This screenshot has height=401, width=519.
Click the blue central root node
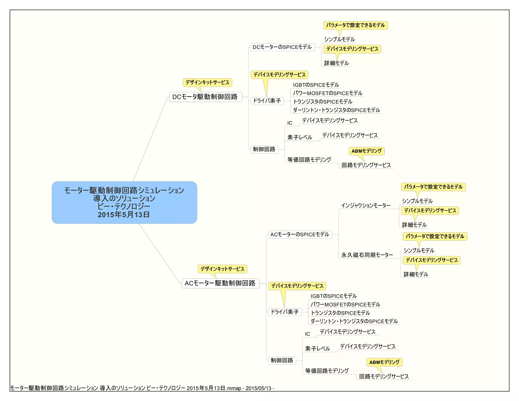click(x=124, y=202)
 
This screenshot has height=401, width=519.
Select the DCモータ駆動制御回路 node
click(x=205, y=97)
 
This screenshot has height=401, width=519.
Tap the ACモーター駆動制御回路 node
click(x=220, y=283)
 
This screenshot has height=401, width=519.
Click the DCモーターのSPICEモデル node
click(x=282, y=47)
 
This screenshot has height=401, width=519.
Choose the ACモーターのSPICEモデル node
click(x=300, y=234)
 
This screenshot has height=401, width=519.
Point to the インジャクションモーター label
click(x=366, y=205)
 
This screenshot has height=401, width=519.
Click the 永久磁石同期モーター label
click(x=367, y=255)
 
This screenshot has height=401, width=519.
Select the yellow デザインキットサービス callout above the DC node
click(x=207, y=82)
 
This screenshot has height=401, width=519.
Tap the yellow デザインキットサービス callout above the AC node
click(x=222, y=269)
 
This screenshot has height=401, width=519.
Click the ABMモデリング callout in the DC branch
click(x=366, y=151)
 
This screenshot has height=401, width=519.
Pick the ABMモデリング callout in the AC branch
click(x=384, y=362)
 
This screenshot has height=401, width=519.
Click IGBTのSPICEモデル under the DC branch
click(x=316, y=85)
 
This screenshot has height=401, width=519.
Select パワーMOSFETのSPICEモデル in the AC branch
click(x=345, y=304)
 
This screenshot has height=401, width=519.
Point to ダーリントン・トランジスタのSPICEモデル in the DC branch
click(x=336, y=110)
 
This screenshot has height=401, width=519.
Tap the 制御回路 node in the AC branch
click(x=282, y=360)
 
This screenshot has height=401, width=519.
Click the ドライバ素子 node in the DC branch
click(x=267, y=101)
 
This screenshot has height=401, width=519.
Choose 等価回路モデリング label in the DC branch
click(x=309, y=159)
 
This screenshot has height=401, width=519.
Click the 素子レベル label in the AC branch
click(x=317, y=349)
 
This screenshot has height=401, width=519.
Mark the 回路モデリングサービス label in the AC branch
click(x=384, y=376)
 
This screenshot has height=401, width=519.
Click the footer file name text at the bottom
click(x=142, y=388)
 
